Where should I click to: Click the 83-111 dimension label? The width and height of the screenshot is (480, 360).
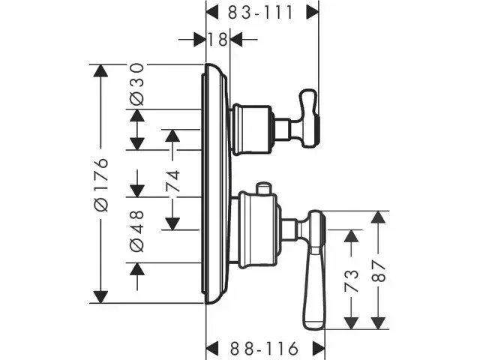[x=262, y=13]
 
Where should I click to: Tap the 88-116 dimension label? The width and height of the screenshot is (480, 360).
[x=265, y=348]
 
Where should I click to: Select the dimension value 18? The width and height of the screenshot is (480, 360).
[x=218, y=40]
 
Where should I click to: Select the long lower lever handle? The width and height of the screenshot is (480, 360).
[x=313, y=270]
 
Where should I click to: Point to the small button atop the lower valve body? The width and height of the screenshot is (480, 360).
[x=263, y=187]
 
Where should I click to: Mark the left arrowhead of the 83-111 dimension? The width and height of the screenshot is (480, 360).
[x=212, y=13]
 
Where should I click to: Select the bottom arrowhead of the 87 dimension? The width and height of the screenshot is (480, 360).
[x=379, y=322]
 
